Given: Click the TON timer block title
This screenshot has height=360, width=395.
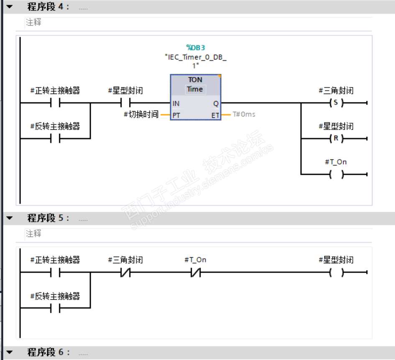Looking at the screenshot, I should click(x=195, y=79).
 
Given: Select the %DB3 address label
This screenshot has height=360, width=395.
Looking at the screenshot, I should click(x=195, y=47).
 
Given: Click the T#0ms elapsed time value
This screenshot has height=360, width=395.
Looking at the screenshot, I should click(x=244, y=114).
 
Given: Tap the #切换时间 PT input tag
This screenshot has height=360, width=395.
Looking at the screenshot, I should click(x=140, y=114).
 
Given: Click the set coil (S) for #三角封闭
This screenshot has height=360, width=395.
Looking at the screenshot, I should click(x=336, y=103).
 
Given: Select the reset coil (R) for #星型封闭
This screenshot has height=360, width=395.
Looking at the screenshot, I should click(x=336, y=138).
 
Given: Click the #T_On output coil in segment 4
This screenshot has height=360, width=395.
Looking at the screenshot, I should click(x=336, y=174).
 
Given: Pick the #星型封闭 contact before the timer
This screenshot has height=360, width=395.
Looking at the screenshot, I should click(x=125, y=103).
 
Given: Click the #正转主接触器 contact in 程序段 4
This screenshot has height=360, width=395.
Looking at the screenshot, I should click(x=55, y=103).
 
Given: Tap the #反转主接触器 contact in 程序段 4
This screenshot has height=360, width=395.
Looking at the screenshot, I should click(x=55, y=138).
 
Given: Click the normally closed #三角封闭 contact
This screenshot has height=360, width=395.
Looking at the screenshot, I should click(x=125, y=273).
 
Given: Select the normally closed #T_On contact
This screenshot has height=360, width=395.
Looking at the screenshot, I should click(x=195, y=273).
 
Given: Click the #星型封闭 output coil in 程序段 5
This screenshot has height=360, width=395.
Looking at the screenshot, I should click(x=336, y=273).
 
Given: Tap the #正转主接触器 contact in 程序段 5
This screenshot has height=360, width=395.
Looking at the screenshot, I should click(x=55, y=273).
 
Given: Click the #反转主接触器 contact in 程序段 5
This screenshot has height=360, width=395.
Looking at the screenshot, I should click(x=55, y=309).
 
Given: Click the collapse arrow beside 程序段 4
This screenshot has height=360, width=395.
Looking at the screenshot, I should click(x=10, y=7).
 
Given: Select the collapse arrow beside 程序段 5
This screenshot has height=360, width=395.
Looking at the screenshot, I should click(x=10, y=218).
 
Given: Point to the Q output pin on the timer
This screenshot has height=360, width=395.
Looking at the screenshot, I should click(x=216, y=103).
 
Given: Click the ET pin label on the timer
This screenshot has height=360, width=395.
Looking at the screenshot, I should click(x=215, y=115).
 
